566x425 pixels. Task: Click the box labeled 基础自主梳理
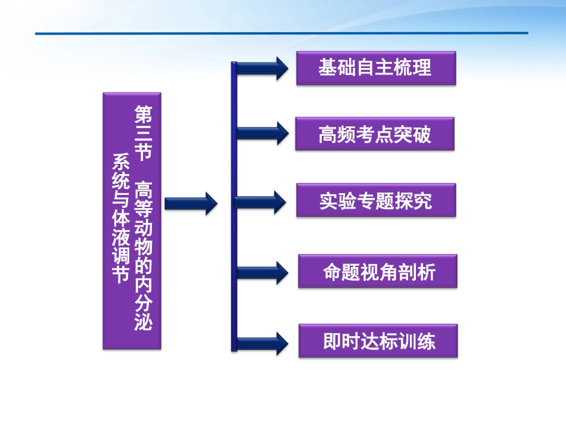375,68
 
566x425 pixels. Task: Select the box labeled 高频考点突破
375,134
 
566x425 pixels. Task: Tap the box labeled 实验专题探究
375,200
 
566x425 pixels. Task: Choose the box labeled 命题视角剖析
378,272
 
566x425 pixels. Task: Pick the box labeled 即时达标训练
378,341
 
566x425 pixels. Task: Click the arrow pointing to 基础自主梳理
262,68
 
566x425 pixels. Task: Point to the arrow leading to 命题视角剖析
262,273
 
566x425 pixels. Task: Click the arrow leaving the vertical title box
191,204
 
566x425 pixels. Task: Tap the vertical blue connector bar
234,206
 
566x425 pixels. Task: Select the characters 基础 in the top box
333,68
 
